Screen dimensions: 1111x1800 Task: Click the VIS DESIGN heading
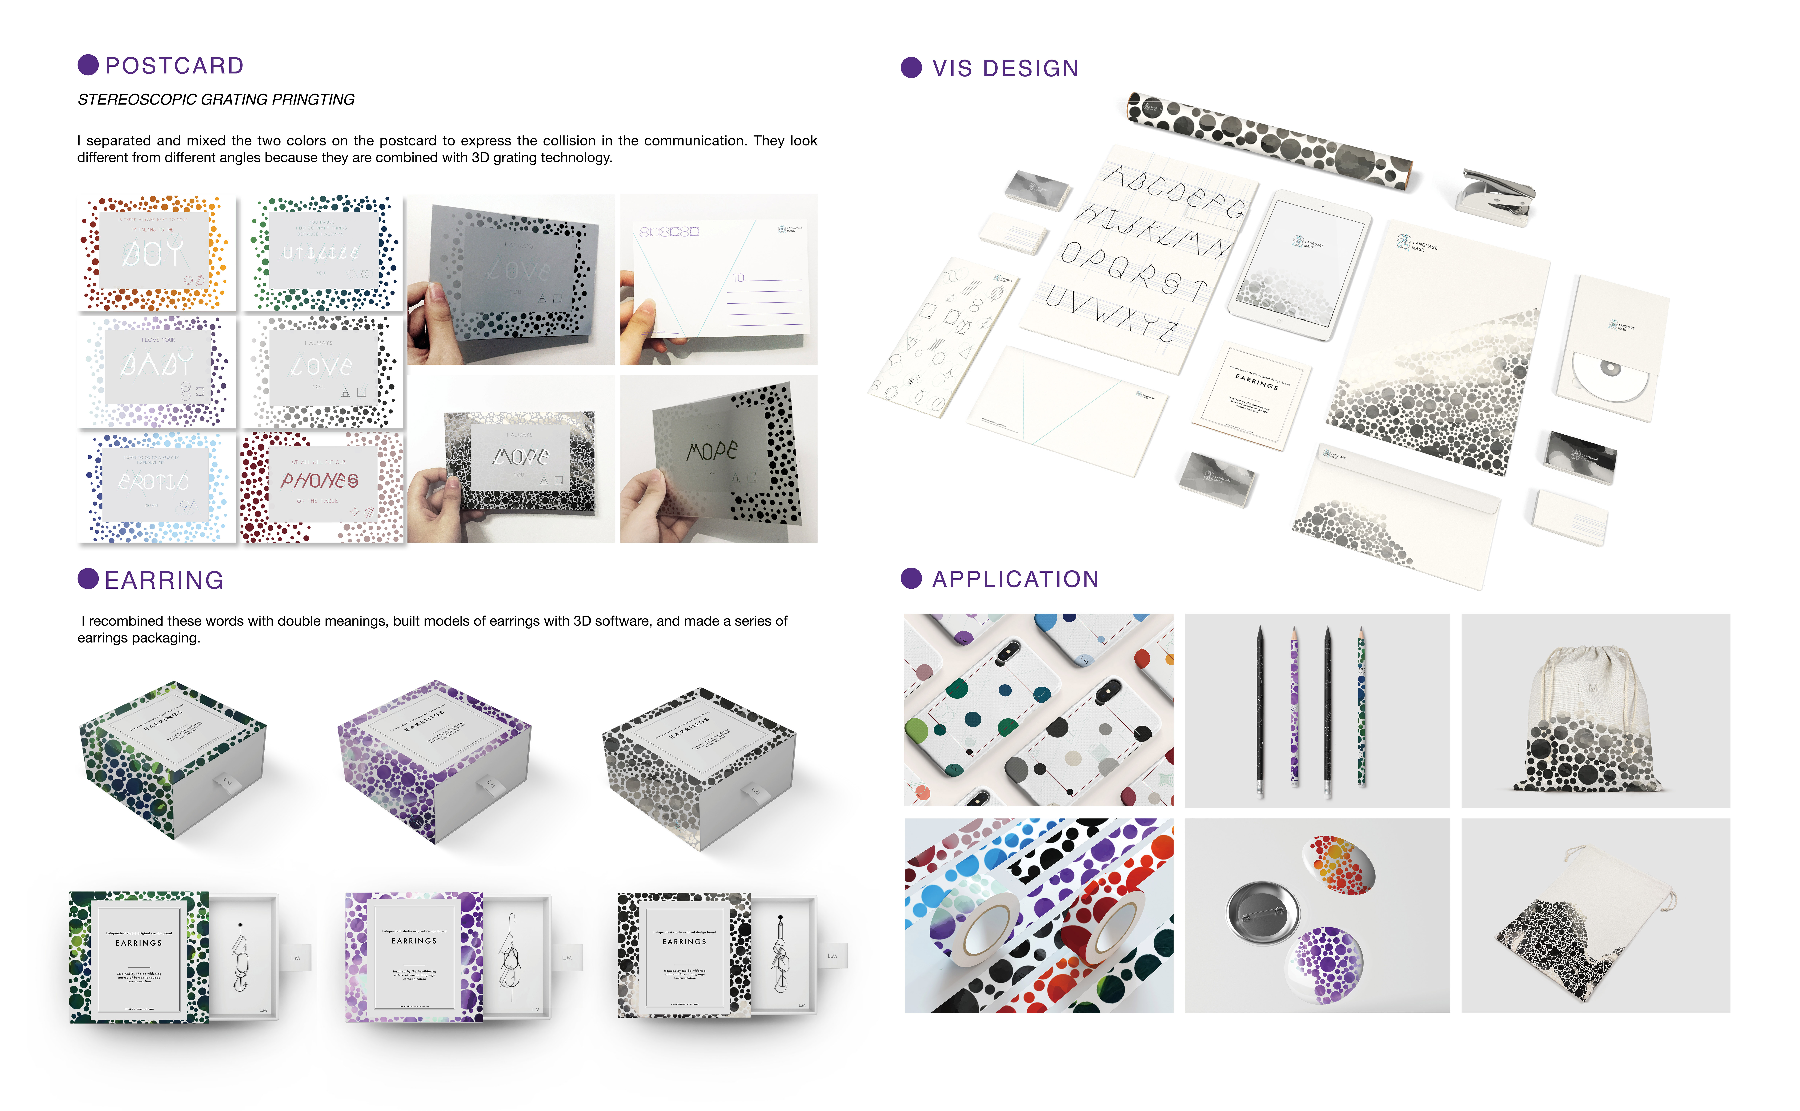point(1005,68)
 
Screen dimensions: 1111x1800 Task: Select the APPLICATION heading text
point(1016,579)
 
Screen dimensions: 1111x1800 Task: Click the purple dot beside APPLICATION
point(911,578)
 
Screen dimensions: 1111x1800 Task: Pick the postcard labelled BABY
point(156,370)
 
